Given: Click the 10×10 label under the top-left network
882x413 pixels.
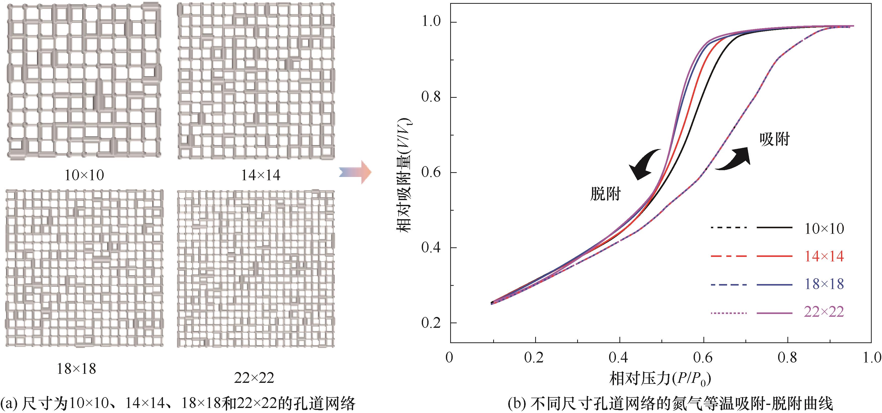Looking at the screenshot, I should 84,175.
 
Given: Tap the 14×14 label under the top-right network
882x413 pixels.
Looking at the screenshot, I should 261,175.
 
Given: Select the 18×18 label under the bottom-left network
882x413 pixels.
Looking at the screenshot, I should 76,369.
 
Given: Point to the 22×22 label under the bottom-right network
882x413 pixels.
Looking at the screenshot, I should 254,378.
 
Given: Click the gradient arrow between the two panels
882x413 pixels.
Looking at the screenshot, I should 355,172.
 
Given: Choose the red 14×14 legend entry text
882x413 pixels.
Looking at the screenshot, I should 824,257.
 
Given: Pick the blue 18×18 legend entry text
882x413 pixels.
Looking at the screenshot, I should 824,284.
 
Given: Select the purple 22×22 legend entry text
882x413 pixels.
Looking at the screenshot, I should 824,312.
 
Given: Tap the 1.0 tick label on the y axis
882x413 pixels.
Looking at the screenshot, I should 431,22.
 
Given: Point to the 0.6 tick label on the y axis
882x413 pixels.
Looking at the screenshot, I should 431,172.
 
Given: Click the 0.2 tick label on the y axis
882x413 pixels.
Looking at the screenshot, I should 431,323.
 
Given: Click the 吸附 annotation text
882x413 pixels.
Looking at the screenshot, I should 775,139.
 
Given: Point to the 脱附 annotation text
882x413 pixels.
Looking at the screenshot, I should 605,194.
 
